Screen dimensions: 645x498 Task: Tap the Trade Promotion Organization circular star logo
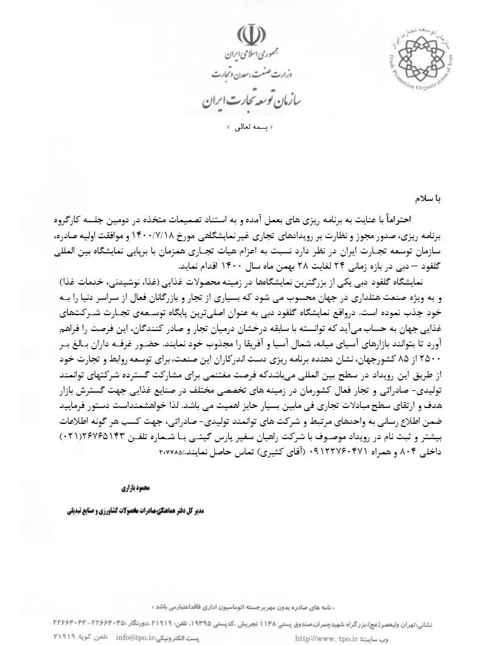click(414, 55)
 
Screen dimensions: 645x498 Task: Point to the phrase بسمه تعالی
click(249, 128)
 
